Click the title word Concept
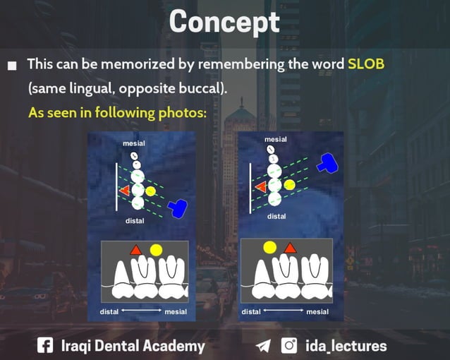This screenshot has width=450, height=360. (225, 22)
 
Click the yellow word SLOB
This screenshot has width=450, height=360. (366, 64)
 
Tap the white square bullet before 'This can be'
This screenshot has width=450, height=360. (12, 66)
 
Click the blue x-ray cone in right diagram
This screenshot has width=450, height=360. (328, 163)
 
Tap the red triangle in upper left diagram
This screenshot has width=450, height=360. (125, 191)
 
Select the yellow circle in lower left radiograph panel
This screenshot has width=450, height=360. (156, 249)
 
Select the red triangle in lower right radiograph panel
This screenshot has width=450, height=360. (289, 248)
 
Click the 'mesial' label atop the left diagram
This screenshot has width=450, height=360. (134, 143)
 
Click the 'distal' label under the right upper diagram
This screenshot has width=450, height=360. (276, 216)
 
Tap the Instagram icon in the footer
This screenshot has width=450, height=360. (289, 345)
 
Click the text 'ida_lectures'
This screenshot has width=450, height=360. (346, 346)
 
